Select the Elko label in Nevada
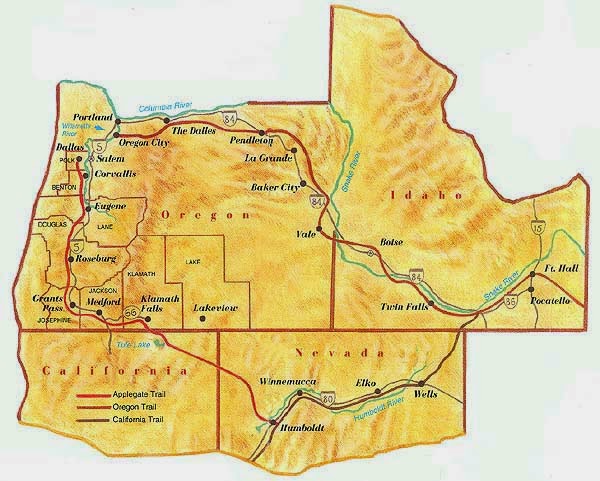tap(369, 382)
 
